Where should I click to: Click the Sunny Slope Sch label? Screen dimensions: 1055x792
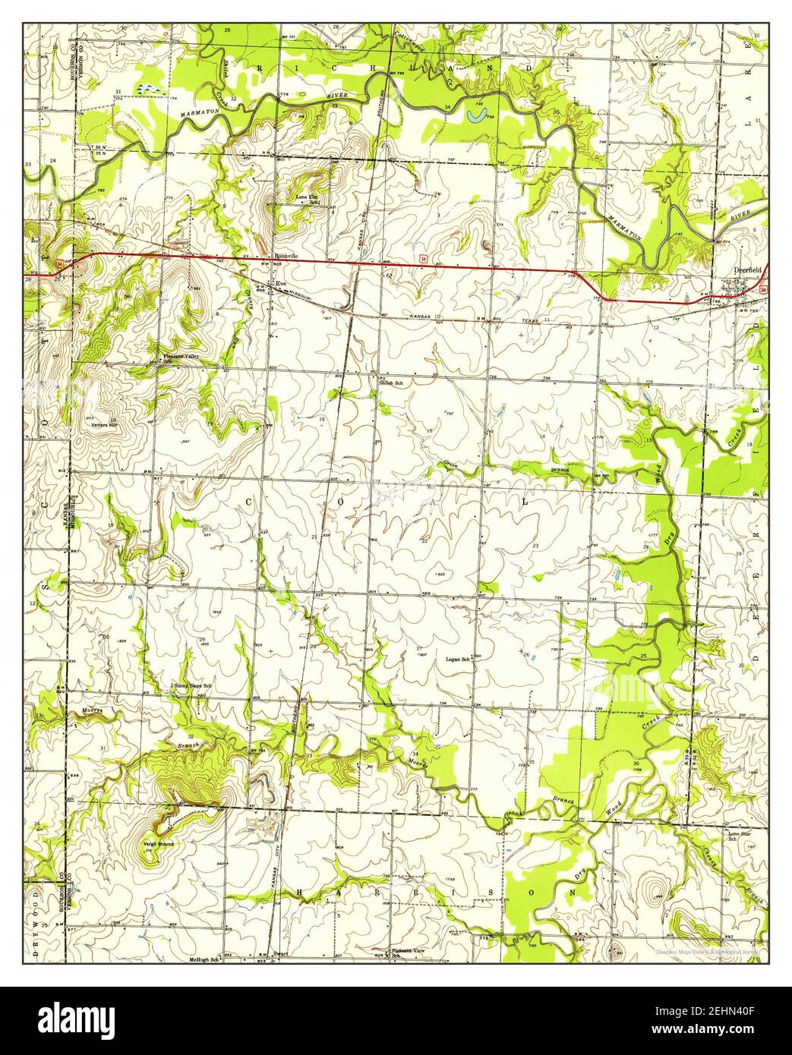192,686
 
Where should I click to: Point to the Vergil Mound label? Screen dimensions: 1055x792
157,844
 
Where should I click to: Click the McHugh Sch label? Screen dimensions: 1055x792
204,960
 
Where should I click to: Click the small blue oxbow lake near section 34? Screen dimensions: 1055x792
476,115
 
